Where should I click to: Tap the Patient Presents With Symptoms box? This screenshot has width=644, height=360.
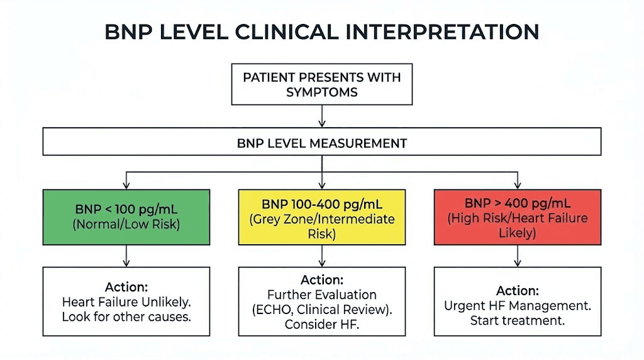click(x=322, y=84)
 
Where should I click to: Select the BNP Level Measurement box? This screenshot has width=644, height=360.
click(x=322, y=143)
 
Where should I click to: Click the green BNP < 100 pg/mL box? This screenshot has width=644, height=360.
click(x=126, y=216)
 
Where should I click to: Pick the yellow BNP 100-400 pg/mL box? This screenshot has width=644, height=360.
click(x=322, y=216)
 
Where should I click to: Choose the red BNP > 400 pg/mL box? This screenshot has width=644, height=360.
click(x=518, y=216)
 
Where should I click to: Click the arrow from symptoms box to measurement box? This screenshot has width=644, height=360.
click(x=322, y=116)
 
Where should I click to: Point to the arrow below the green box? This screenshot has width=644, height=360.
click(x=126, y=255)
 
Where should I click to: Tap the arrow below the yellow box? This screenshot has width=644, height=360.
click(x=322, y=255)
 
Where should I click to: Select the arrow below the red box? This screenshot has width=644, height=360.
click(x=518, y=255)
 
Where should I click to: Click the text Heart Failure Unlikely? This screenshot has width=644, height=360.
click(x=126, y=302)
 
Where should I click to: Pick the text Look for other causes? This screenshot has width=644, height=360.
click(x=126, y=317)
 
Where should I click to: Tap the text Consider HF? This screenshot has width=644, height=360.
click(x=322, y=325)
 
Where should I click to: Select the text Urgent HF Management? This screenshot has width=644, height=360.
click(x=518, y=306)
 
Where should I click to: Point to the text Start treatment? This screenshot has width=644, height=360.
click(x=518, y=320)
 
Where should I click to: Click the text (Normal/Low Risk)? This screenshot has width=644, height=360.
click(x=126, y=223)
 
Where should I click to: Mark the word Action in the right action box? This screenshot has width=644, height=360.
click(x=518, y=291)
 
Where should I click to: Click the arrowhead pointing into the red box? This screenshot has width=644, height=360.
click(x=518, y=185)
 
